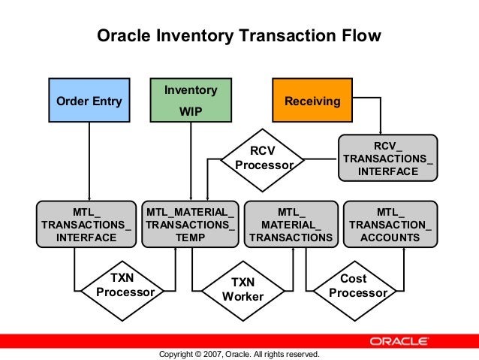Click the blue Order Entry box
click(x=89, y=101)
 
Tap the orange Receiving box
click(x=312, y=101)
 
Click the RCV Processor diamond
click(x=262, y=159)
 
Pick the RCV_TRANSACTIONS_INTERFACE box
click(x=387, y=159)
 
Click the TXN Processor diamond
click(x=126, y=285)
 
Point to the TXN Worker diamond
click(x=243, y=289)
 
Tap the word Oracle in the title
click(x=124, y=36)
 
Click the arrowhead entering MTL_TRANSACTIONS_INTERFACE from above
click(x=89, y=196)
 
